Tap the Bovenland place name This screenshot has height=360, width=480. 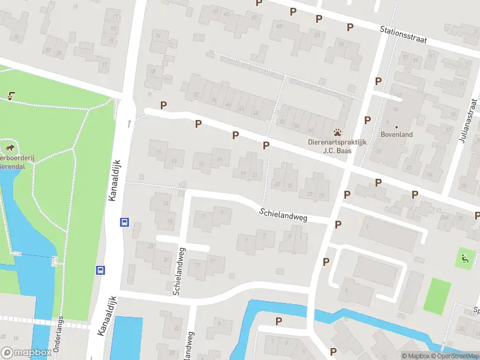tap(396, 134)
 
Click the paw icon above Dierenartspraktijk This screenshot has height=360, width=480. tap(338, 132)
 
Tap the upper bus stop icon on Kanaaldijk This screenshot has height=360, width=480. tap(124, 221)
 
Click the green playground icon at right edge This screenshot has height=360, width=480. tap(464, 259)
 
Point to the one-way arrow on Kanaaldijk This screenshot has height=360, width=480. tap(128, 124)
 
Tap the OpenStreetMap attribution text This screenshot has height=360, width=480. tap(457, 356)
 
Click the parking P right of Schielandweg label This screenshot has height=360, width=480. tap(338, 224)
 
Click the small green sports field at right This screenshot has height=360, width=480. tap(437, 295)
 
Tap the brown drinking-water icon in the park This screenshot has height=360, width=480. tap(11, 95)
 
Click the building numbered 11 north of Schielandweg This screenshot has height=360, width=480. tap(159, 152)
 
